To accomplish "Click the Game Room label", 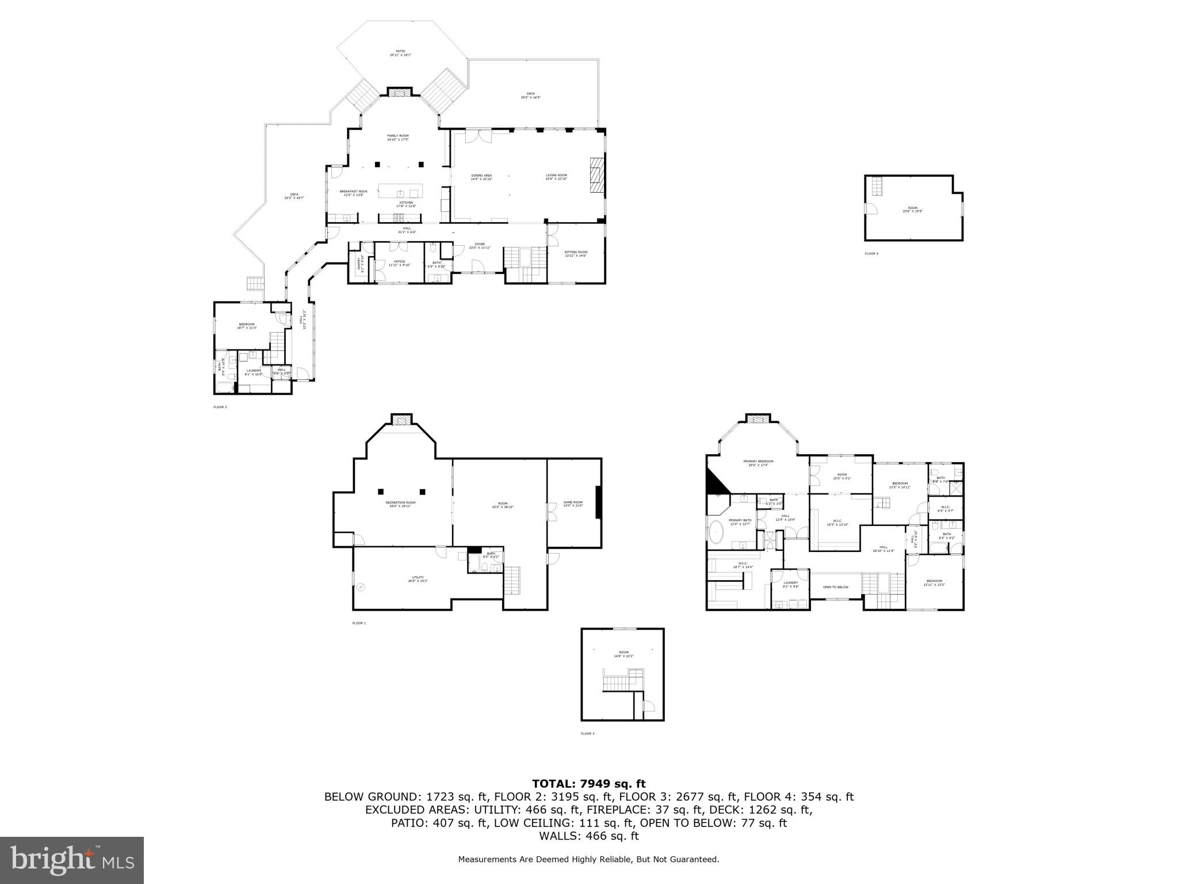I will tap(573, 504).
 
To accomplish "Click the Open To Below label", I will tap(836, 587).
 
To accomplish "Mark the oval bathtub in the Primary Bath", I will tap(717, 532).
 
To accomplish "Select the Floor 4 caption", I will tap(871, 253).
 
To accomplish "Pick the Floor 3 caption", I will tap(588, 733).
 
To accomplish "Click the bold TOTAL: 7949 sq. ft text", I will tap(588, 784).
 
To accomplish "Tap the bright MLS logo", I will tap(72, 860).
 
